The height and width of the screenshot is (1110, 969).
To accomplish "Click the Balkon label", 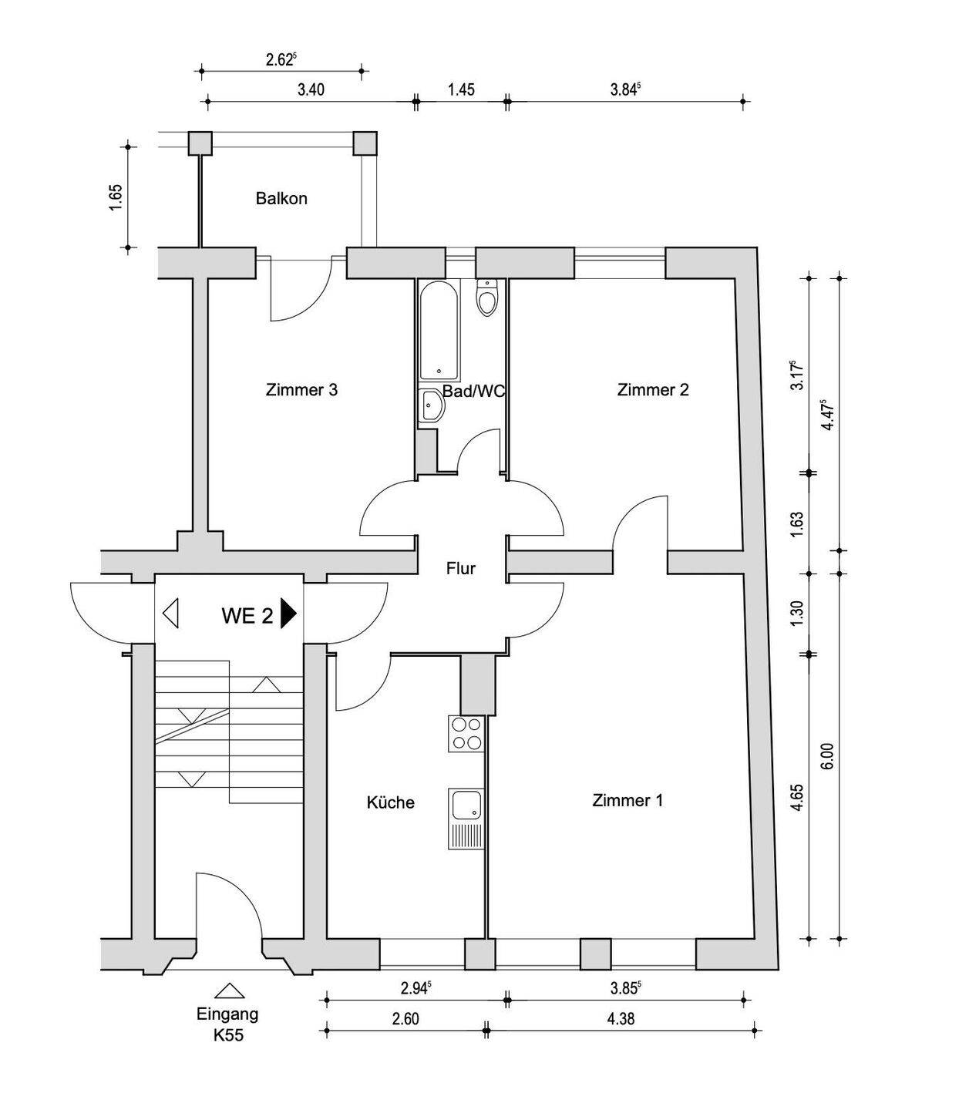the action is (281, 199).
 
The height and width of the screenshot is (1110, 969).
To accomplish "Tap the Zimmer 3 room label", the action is (301, 389).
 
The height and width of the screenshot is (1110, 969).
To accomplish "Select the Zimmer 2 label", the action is (653, 389).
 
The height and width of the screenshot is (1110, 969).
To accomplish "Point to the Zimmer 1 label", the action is (627, 800).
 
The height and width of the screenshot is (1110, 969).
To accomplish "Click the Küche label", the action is (391, 802).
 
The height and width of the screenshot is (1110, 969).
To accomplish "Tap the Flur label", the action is (461, 569).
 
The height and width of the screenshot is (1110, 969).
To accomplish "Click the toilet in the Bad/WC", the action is (486, 298).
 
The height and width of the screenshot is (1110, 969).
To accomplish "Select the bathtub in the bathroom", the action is (439, 331).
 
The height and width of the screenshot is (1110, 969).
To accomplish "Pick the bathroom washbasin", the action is (432, 405).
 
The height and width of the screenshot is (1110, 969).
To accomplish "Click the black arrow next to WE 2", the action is (288, 614).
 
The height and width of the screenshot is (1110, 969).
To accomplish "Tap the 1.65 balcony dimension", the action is (116, 198).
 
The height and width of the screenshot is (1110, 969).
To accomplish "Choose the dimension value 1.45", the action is (461, 89).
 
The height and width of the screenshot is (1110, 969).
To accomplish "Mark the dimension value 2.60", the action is (405, 1018).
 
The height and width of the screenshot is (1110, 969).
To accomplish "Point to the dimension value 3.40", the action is (311, 89).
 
